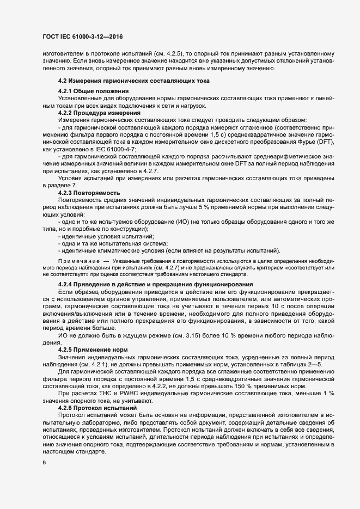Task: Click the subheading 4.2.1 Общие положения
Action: (93, 90)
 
